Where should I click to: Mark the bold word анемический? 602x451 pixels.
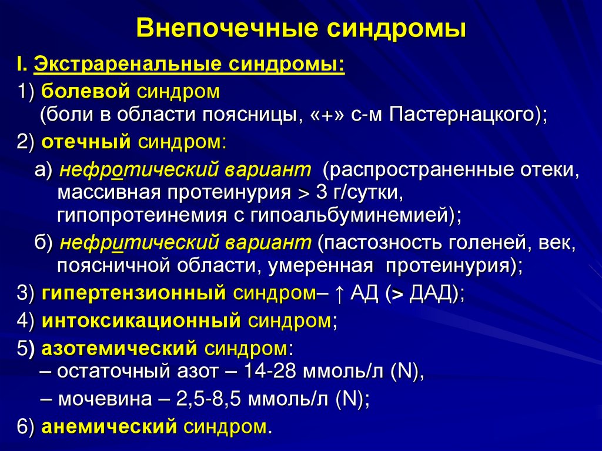[109, 426]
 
